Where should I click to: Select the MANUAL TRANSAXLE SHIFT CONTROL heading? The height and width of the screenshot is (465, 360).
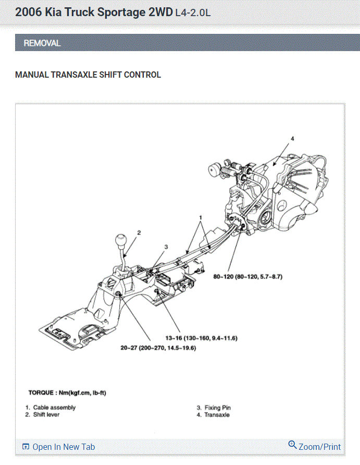(x=88, y=75)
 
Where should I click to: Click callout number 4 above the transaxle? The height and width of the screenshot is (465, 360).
(x=292, y=139)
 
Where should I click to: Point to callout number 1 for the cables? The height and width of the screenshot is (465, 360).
(x=200, y=216)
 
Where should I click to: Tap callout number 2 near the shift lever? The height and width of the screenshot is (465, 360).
(x=139, y=232)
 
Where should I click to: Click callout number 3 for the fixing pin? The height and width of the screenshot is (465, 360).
(x=166, y=247)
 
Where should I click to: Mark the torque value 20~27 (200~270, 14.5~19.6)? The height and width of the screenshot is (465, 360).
(x=158, y=348)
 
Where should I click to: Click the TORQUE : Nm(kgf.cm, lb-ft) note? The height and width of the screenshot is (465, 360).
(x=71, y=391)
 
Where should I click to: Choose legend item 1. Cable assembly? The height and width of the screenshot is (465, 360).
(x=51, y=408)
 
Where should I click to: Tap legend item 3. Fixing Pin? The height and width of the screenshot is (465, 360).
(x=214, y=408)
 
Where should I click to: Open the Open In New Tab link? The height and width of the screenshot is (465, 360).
(x=63, y=447)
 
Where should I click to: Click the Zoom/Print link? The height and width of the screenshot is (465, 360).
(x=320, y=447)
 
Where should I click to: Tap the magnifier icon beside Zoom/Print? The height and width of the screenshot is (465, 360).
(x=292, y=445)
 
